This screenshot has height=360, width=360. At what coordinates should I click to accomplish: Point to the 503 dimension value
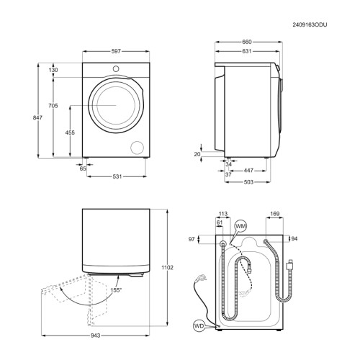(247, 181)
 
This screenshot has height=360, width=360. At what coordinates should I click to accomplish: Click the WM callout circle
(241, 227)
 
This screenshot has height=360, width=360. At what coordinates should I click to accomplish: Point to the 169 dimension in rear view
(276, 214)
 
